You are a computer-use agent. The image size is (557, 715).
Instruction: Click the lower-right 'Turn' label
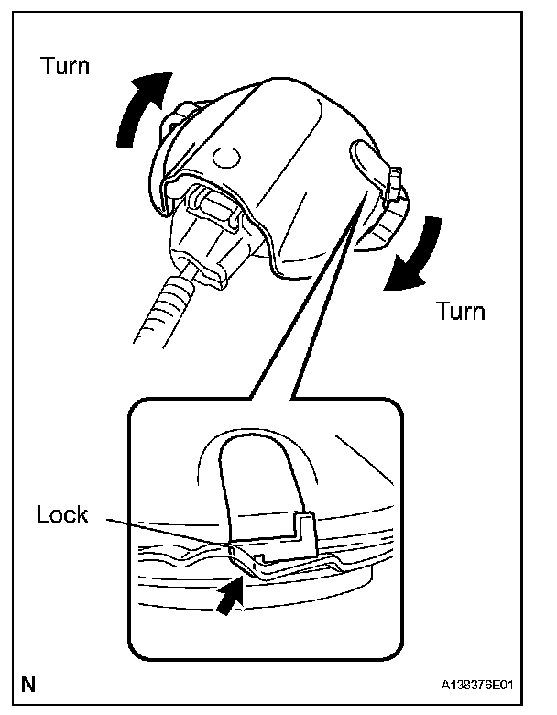(460, 311)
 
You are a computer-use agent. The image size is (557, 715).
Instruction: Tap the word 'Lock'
(62, 515)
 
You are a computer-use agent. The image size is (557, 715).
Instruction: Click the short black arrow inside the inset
(232, 599)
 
